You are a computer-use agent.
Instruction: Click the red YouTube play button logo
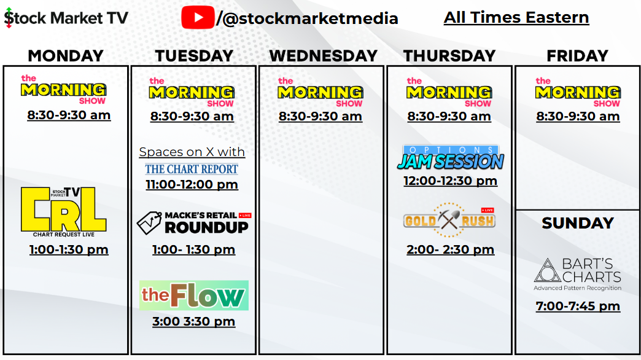pos(198,18)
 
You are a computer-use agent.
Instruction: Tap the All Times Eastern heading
pos(516,18)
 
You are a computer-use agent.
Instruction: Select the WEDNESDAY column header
pos(323,56)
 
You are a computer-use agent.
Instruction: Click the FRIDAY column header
pos(577,56)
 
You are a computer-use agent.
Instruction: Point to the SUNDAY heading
pos(578,223)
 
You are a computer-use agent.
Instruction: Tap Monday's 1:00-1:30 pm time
pos(69,249)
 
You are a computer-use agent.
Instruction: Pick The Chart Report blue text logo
pos(192,169)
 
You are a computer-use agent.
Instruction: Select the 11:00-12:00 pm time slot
pos(192,184)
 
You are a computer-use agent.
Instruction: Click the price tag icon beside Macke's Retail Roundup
pos(149,222)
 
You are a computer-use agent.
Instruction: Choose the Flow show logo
pos(194,295)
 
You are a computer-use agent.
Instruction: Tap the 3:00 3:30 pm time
pos(194,321)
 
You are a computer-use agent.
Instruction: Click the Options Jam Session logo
pos(450,157)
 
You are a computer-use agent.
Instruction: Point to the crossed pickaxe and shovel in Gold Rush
pos(449,220)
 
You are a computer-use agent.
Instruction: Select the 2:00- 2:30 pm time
pos(450,249)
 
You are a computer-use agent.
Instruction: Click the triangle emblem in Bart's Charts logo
pos(548,270)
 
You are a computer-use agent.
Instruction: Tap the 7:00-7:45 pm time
pos(578,306)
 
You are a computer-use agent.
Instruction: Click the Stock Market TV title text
pos(66,18)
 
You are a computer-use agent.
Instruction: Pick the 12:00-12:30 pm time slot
pos(450,181)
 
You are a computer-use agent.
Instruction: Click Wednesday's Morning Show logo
pos(320,92)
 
